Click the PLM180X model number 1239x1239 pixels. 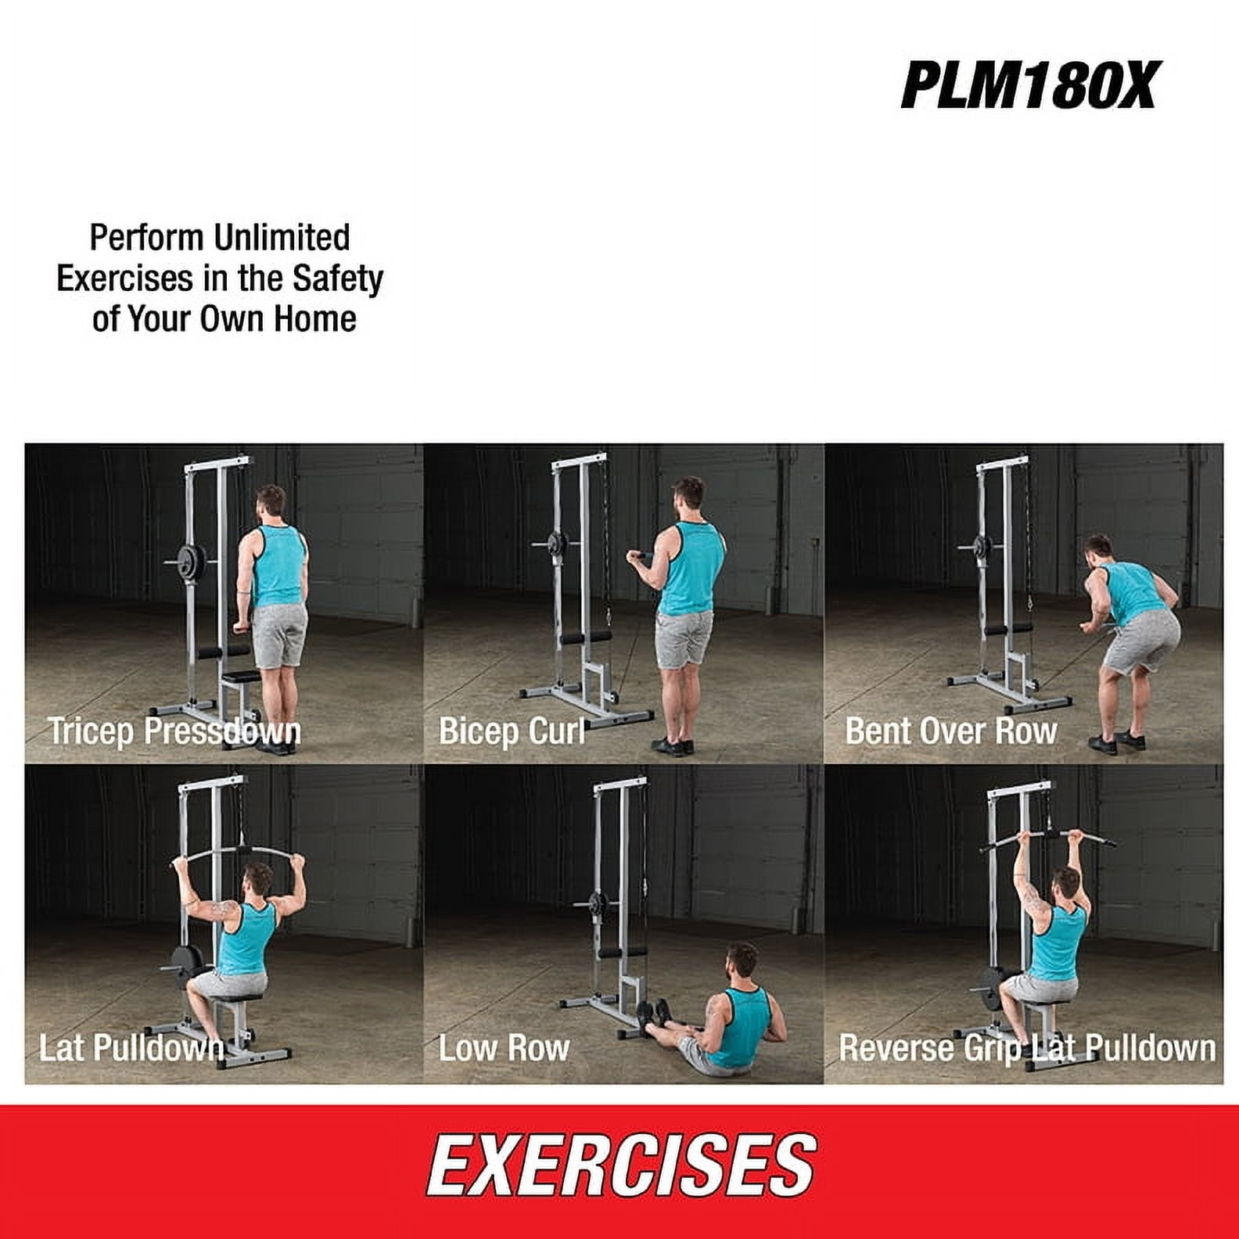(x=1028, y=85)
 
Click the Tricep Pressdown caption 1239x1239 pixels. (x=174, y=731)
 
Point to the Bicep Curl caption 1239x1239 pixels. (x=512, y=731)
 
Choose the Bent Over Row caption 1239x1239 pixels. (x=951, y=731)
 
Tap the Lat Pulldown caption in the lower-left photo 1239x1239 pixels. (x=131, y=1048)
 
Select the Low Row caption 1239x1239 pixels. (x=504, y=1048)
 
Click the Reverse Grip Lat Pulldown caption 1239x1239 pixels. (x=1027, y=1048)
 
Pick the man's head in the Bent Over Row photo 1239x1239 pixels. (x=1099, y=551)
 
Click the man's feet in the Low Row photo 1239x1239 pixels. (x=654, y=1017)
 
